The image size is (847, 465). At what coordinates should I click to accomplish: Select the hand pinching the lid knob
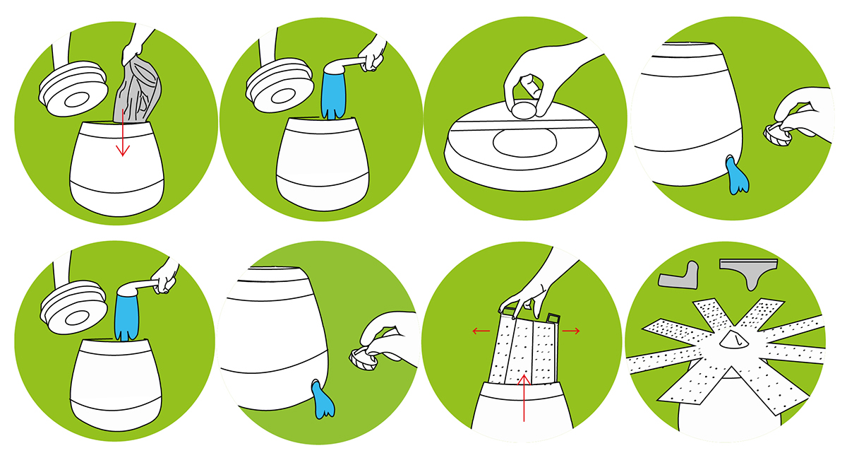pos(543,78)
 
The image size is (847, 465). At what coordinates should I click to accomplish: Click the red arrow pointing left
pos(483,330)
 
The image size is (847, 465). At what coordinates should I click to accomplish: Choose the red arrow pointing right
pos(572,330)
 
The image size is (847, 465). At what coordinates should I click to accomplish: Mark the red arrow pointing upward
pos(524,396)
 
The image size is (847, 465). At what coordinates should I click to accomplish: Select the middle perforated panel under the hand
pos(522,346)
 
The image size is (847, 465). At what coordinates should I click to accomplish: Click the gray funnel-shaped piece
pos(748,272)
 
